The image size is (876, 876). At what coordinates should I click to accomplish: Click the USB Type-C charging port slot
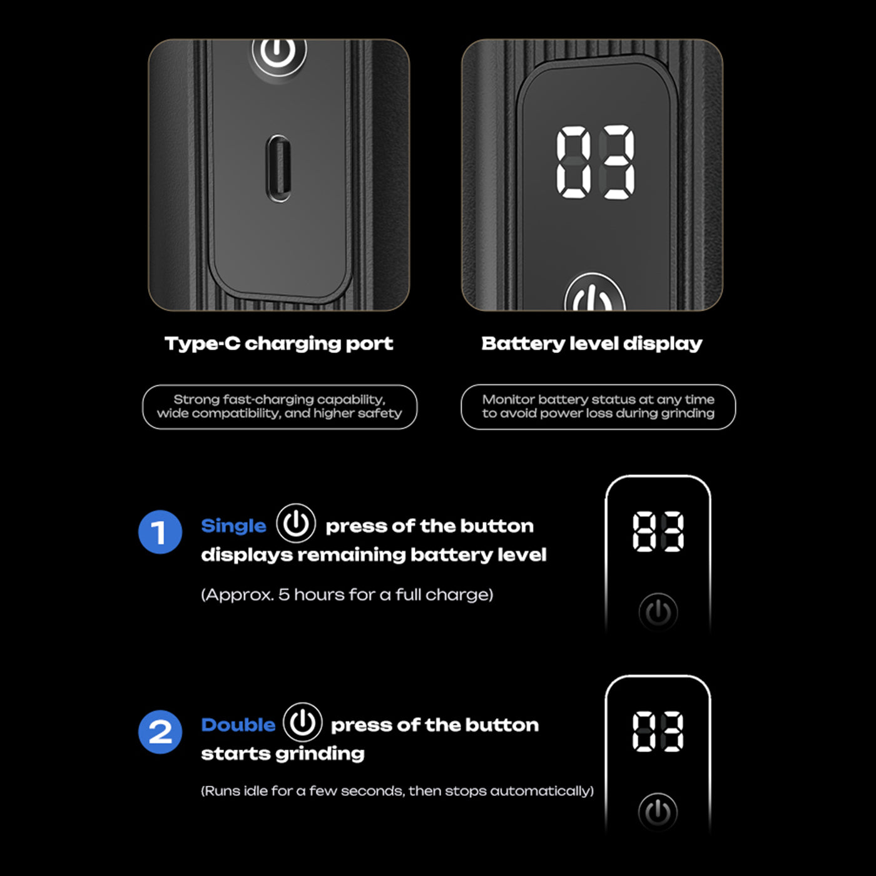click(278, 168)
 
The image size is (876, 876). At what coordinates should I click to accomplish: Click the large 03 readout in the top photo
click(596, 162)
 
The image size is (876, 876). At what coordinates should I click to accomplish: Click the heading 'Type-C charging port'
click(278, 344)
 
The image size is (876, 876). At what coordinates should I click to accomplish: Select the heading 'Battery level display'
click(592, 344)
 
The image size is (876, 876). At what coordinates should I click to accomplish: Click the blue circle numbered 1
click(160, 532)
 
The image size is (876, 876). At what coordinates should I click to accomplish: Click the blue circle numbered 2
click(160, 732)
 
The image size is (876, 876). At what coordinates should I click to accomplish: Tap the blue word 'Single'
click(233, 526)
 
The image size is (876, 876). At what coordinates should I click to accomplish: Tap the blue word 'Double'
click(238, 725)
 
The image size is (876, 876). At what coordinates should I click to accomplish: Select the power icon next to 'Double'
click(303, 722)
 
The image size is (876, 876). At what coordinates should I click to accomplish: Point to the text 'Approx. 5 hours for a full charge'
click(347, 594)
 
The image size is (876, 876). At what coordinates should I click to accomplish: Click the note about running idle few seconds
click(397, 792)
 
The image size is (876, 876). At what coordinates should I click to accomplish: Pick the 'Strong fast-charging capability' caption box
click(280, 407)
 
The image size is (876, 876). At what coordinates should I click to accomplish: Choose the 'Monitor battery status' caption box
click(598, 407)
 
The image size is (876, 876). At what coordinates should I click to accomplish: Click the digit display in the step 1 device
click(658, 532)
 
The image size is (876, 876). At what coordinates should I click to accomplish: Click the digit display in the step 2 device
click(658, 732)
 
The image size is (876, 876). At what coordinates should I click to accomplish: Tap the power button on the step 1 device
click(658, 613)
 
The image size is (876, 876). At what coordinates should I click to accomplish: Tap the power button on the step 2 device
click(658, 812)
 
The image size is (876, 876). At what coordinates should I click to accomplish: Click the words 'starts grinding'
click(283, 754)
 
